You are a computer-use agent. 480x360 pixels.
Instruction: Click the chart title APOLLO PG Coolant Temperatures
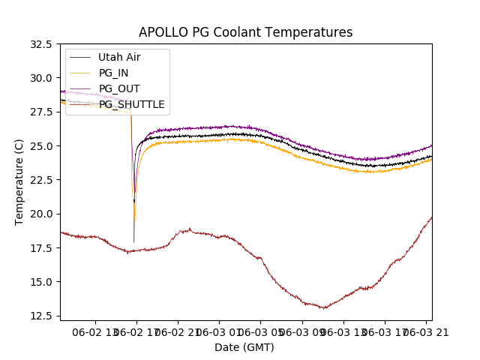(245, 33)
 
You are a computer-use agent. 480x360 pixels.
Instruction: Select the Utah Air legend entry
(118, 57)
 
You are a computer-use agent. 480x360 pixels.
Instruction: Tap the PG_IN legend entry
(113, 73)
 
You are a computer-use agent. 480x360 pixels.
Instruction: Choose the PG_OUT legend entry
(118, 88)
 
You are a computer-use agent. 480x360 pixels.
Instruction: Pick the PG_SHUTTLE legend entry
(131, 104)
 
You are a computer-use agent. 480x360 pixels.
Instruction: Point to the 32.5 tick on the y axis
(39, 44)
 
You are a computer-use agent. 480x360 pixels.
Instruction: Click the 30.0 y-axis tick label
(39, 78)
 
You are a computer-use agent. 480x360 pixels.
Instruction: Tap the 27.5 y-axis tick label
(39, 112)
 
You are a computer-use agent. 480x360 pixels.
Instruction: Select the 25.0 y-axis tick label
(39, 145)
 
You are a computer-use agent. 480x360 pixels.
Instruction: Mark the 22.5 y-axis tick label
(39, 180)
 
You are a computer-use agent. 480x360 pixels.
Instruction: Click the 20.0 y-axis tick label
(39, 214)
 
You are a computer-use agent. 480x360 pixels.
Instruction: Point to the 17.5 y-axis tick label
(39, 247)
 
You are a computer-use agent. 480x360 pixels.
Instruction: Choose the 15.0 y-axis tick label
(39, 282)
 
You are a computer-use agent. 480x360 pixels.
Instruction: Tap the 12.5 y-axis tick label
(39, 316)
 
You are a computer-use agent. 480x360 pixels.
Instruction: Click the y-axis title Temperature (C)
(19, 182)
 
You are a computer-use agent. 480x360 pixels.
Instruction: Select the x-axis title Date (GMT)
(244, 347)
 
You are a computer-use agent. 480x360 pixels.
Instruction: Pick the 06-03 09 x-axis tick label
(301, 331)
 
